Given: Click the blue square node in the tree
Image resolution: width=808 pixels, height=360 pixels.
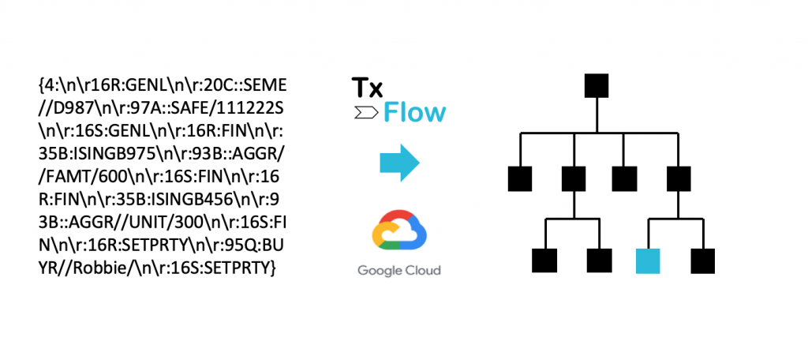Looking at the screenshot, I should (649, 261).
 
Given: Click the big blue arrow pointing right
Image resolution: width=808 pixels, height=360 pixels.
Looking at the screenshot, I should (399, 163).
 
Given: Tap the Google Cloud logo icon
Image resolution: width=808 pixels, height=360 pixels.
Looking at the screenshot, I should (398, 234).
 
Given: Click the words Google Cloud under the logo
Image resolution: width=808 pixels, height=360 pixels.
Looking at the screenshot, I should (398, 271).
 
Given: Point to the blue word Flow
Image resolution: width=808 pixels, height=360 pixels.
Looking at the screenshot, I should (414, 113).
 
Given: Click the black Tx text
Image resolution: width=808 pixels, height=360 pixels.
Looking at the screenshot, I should (367, 88).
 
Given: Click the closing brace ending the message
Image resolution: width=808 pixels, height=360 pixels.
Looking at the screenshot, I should (273, 269).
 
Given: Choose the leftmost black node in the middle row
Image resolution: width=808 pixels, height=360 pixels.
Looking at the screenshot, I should (521, 178).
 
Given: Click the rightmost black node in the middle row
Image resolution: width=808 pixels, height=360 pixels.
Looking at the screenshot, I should (679, 178).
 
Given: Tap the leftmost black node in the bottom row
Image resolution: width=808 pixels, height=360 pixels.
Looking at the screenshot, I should (545, 261).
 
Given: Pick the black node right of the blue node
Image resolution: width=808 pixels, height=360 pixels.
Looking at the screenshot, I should (702, 261).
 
